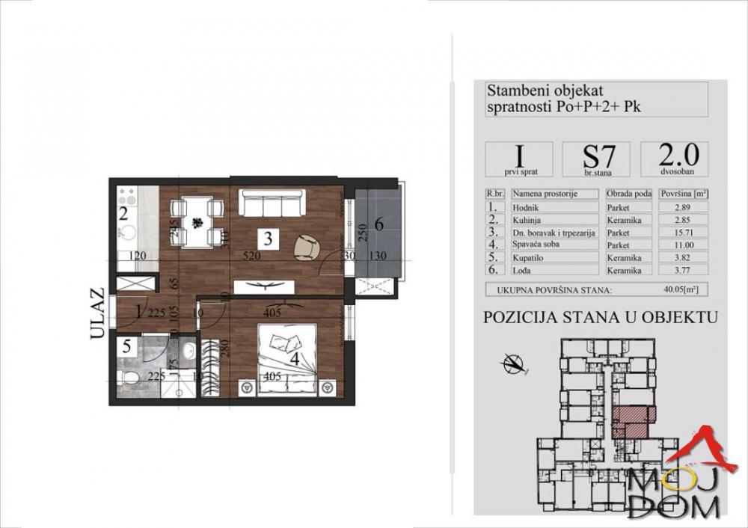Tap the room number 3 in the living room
pyautogui.click(x=267, y=239)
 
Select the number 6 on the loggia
pyautogui.click(x=378, y=223)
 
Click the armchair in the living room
pyautogui.click(x=307, y=246)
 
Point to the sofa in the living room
pyautogui.click(x=271, y=203)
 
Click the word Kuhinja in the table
pyautogui.click(x=528, y=220)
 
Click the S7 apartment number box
pyautogui.click(x=595, y=159)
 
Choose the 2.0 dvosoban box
pyautogui.click(x=675, y=158)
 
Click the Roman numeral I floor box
pyautogui.click(x=518, y=159)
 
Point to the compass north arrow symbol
pyautogui.click(x=513, y=364)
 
